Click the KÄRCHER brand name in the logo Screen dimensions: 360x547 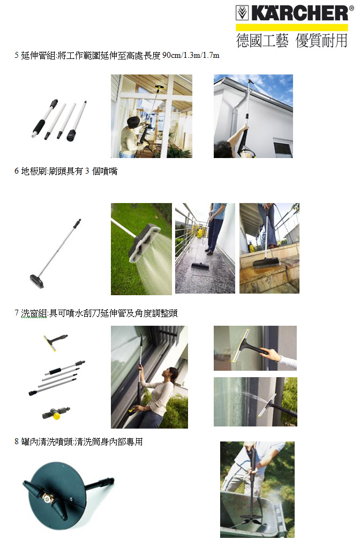299,13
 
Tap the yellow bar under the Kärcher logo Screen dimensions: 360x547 292,27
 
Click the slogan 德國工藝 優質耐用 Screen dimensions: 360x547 291,41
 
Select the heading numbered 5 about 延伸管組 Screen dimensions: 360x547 117,55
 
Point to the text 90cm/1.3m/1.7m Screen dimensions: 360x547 191,55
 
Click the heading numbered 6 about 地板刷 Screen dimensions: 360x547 66,171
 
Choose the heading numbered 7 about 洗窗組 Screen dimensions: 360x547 96,313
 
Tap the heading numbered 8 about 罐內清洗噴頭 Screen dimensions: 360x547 79,441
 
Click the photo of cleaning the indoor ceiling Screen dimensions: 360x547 152,116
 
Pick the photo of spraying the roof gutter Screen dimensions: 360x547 253,116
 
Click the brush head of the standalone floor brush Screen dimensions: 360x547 37,281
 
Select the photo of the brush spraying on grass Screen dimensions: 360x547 141,249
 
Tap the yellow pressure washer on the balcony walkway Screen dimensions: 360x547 200,231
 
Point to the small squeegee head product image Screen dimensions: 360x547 55,341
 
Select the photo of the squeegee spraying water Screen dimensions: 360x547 256,401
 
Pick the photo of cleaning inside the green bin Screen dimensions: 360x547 258,490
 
